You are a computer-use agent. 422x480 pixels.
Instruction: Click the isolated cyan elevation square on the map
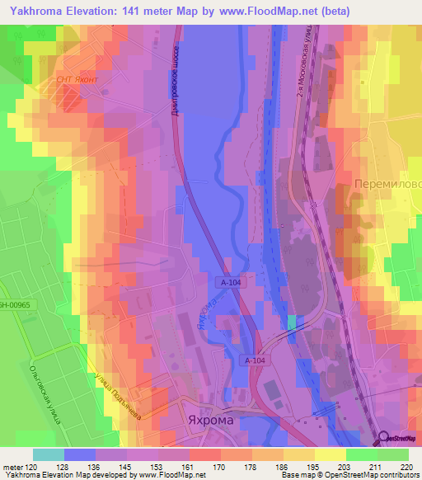[291, 322]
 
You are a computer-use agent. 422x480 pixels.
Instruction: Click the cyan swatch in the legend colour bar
[48, 454]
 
